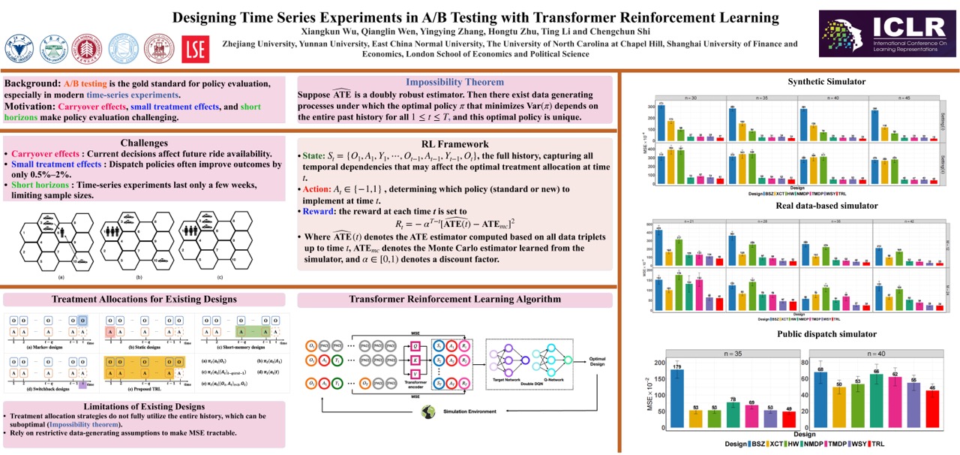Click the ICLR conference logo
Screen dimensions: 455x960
(889, 34)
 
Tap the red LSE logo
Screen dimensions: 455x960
(196, 48)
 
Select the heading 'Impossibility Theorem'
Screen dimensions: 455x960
(454, 82)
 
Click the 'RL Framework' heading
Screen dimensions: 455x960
(456, 143)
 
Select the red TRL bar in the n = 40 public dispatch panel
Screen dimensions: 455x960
(931, 409)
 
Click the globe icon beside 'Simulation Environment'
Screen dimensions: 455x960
(430, 411)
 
